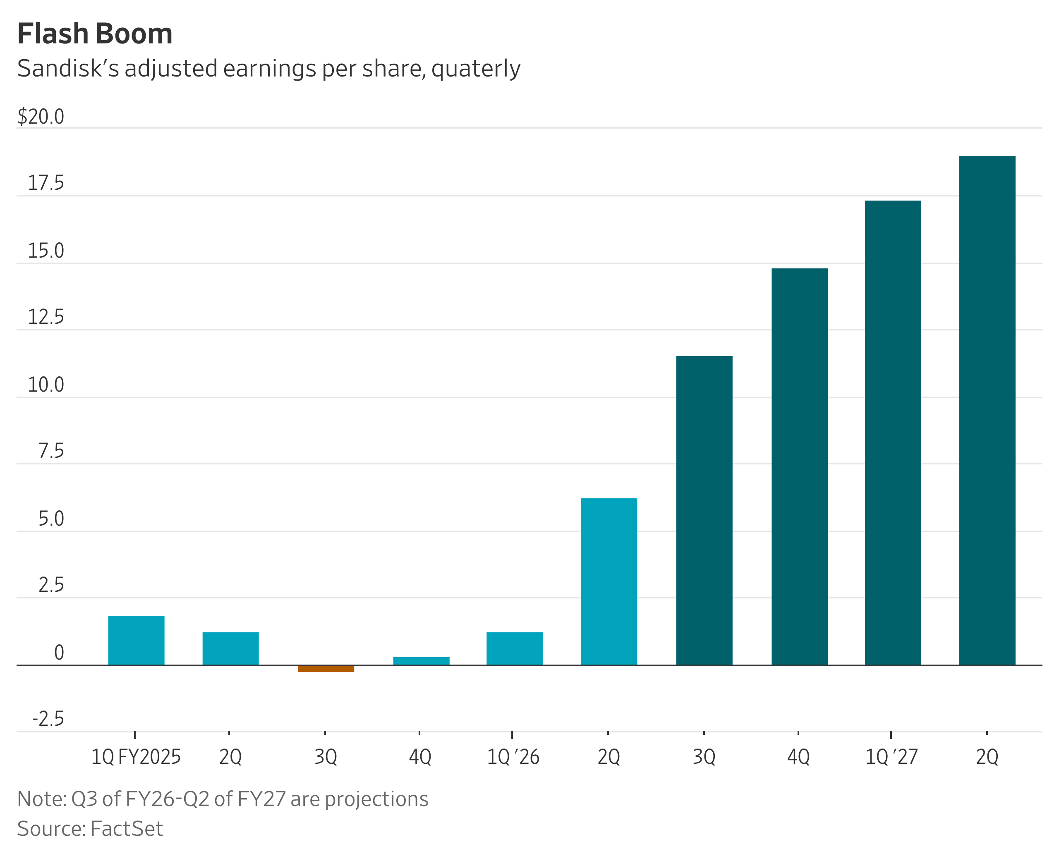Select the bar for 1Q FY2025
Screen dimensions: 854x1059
(x=137, y=640)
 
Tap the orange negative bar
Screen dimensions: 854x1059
(x=326, y=669)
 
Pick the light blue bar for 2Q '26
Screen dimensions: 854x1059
(x=609, y=581)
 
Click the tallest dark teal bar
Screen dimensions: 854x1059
(x=987, y=410)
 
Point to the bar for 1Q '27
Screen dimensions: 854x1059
(x=893, y=433)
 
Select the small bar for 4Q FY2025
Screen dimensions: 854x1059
(x=421, y=661)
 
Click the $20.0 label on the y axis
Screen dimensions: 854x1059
(x=41, y=117)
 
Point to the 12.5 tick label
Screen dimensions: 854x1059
(x=46, y=317)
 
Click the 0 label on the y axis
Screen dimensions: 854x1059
(x=59, y=652)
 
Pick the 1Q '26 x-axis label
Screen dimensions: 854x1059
(x=513, y=756)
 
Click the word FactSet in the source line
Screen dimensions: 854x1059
(x=127, y=829)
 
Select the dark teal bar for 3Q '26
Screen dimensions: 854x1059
(x=704, y=510)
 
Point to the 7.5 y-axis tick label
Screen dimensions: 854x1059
(x=51, y=451)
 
